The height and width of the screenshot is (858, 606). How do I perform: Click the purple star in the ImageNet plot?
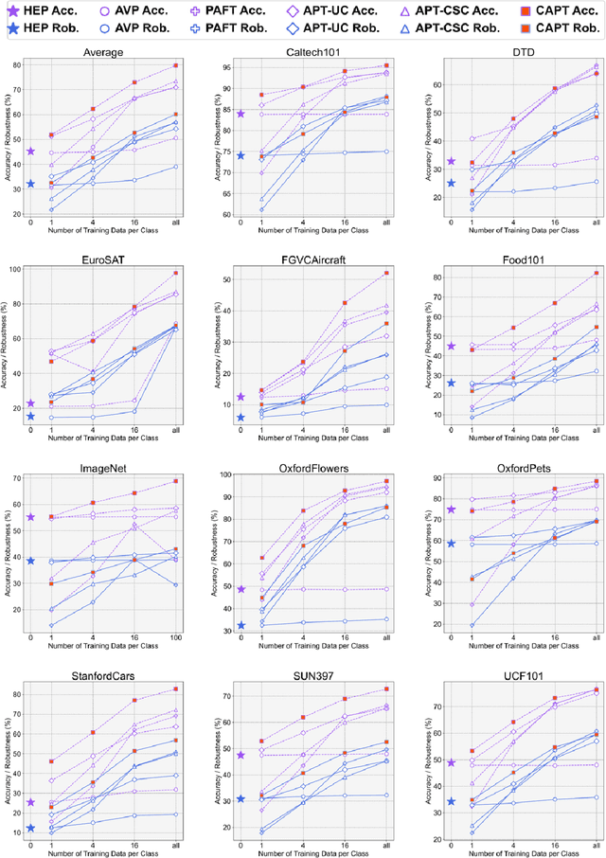pos(30,517)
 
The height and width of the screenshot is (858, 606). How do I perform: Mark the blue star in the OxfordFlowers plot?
pos(241,625)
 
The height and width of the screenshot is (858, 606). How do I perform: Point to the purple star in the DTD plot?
pos(451,162)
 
